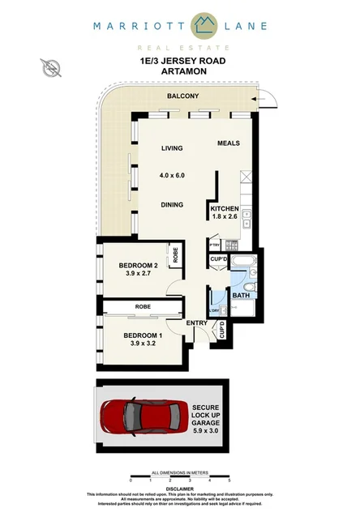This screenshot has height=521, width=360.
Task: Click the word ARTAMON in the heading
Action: pyautogui.click(x=181, y=70)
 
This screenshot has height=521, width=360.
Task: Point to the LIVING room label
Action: pyautogui.click(x=172, y=148)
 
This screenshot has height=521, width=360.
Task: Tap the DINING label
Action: pyautogui.click(x=171, y=205)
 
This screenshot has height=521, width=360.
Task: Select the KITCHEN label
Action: pyautogui.click(x=225, y=209)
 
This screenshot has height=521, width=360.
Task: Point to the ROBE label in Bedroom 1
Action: pyautogui.click(x=143, y=307)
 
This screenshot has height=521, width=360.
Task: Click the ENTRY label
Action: pyautogui.click(x=197, y=323)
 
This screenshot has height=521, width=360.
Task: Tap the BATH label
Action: pyautogui.click(x=241, y=296)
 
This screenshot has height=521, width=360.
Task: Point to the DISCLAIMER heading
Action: pyautogui.click(x=180, y=489)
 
